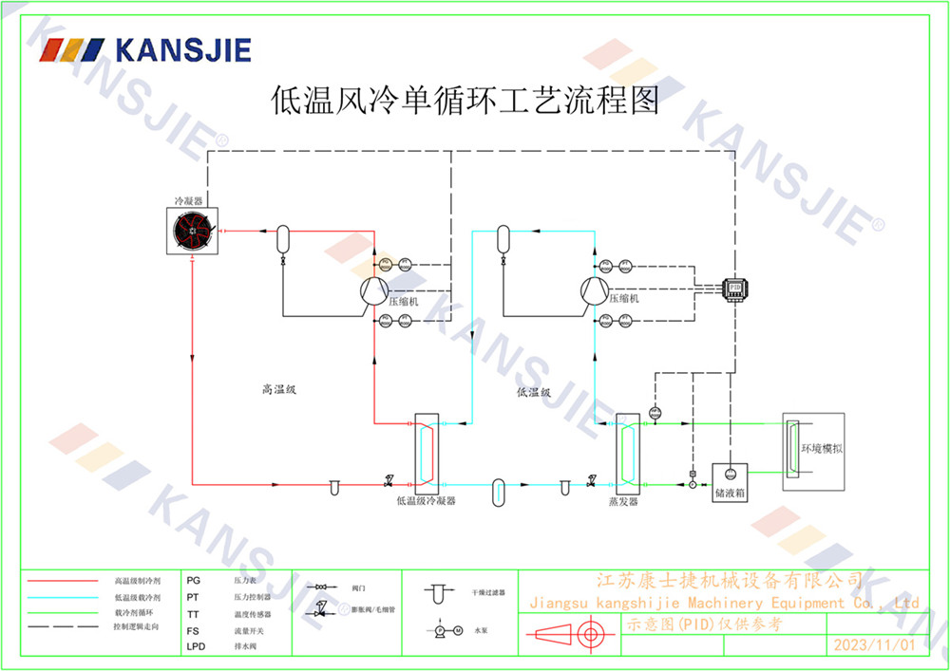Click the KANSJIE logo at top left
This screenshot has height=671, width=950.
(x=145, y=48)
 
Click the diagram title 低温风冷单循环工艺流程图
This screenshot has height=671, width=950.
(x=465, y=100)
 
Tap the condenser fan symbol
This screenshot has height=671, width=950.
(x=192, y=232)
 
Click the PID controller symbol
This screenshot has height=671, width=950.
(x=734, y=289)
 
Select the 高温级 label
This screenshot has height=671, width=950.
(x=279, y=390)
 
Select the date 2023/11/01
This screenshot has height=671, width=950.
(x=874, y=644)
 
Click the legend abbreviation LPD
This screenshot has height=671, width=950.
(x=196, y=646)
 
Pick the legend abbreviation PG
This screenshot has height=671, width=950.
(x=194, y=579)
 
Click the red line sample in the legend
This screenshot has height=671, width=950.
(x=63, y=579)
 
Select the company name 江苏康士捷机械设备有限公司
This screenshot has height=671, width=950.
(x=729, y=581)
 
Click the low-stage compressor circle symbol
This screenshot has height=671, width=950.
(x=595, y=289)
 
